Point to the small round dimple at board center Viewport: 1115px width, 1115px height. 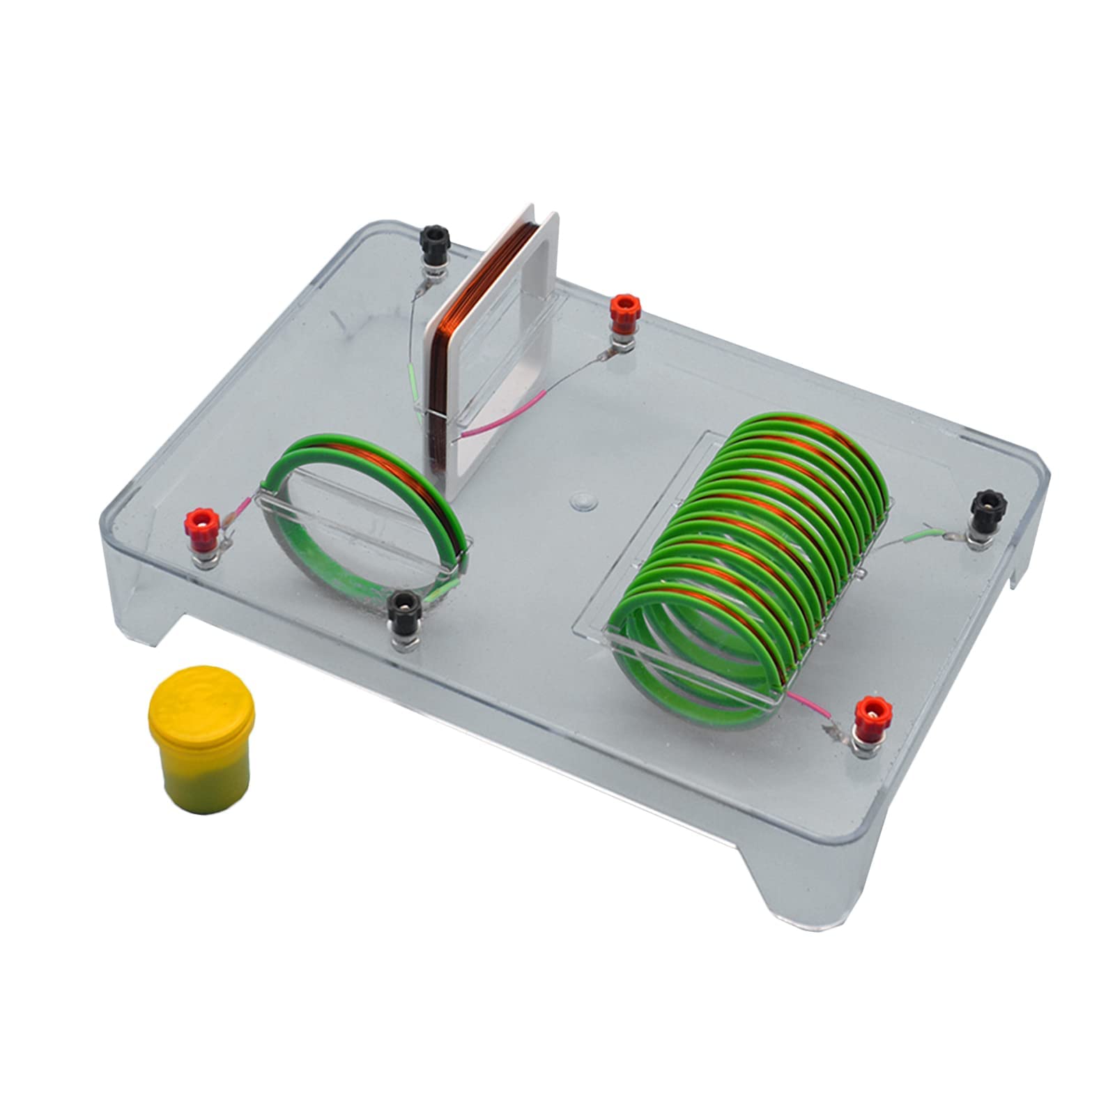580,500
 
